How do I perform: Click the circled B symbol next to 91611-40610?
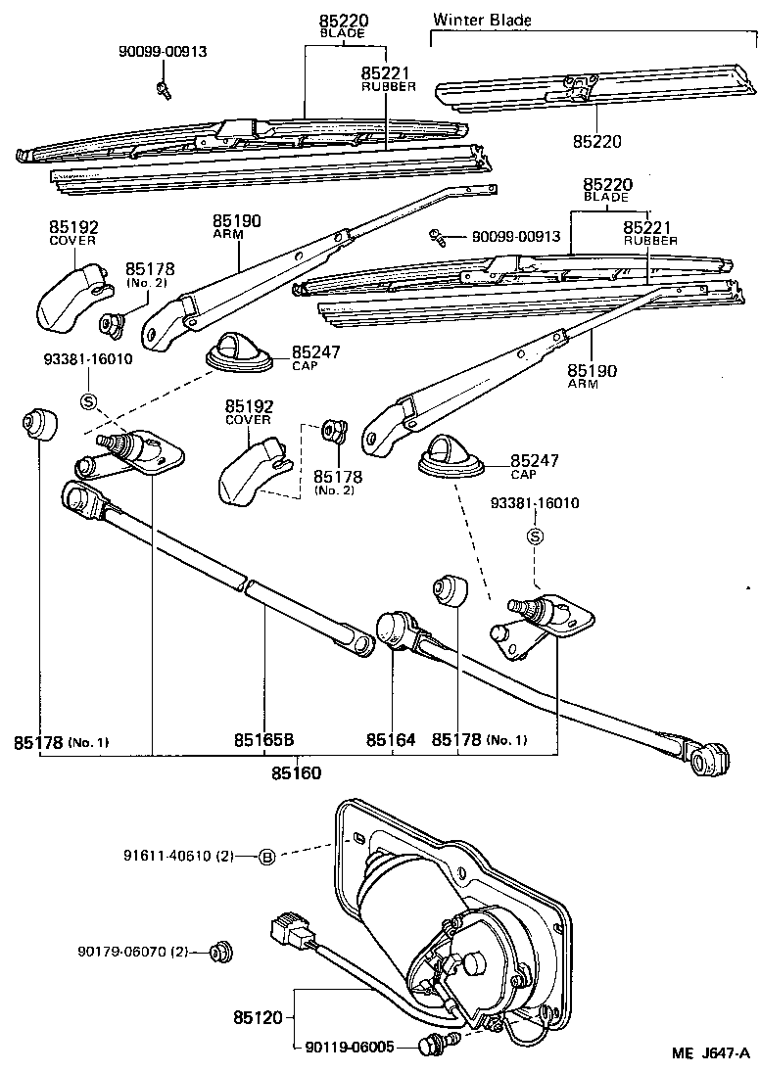pos(266,858)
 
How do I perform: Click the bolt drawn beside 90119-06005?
pos(430,1047)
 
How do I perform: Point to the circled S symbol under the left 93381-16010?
pos(87,401)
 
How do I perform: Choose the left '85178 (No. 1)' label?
pos(61,741)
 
